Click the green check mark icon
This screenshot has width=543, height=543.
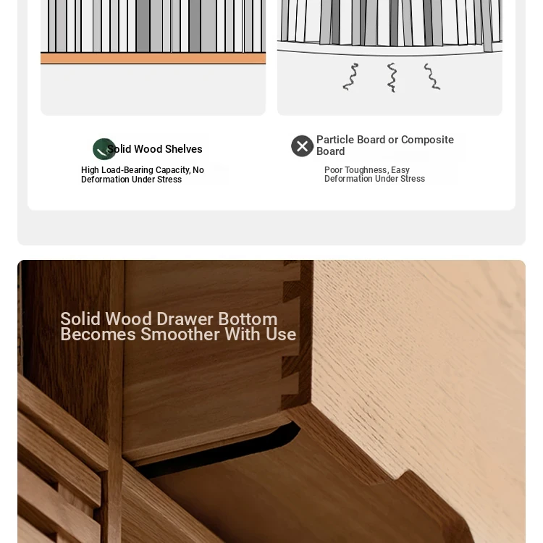pos(104,149)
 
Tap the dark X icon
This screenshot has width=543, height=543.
pos(302,146)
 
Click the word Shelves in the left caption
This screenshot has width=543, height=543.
pos(184,149)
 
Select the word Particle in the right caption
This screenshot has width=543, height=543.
pos(335,140)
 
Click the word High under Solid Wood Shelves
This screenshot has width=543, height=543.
pos(90,170)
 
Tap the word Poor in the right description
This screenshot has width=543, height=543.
pos(333,170)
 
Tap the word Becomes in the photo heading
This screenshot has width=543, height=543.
pos(98,334)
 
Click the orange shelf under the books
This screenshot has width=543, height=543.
pos(153,59)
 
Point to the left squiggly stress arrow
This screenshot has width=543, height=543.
pos(351,77)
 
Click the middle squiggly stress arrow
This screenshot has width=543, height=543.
pos(392,77)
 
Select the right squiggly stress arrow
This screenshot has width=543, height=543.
pos(432,77)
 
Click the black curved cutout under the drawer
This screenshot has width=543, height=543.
pos(222,450)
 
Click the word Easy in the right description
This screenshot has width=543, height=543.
pos(400,170)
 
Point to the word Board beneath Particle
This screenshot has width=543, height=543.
pos(330,151)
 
